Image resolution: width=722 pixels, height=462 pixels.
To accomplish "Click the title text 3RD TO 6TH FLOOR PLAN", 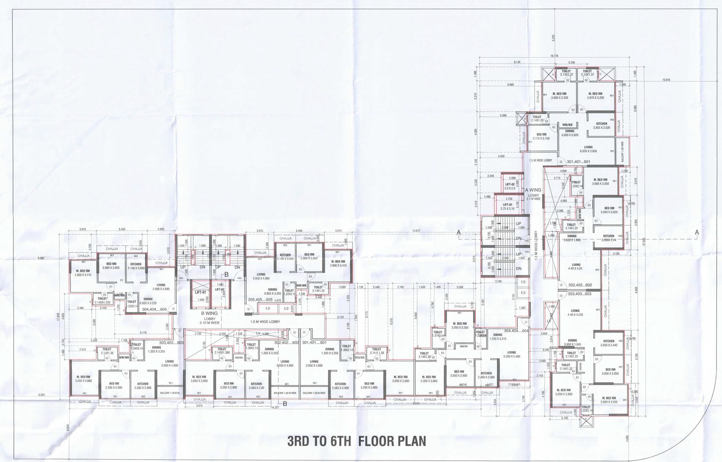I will click(356, 441).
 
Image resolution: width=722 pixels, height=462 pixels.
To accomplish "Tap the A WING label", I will click(533, 190).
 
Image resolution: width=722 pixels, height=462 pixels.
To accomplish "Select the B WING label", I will click(209, 313).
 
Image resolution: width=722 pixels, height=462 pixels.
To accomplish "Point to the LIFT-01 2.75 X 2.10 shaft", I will click(507, 207).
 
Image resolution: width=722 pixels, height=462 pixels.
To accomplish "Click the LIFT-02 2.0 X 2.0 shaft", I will click(510, 186).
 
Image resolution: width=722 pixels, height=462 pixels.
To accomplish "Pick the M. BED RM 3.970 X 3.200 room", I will click(595, 95).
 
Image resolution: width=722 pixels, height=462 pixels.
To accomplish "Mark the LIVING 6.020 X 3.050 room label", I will click(588, 149).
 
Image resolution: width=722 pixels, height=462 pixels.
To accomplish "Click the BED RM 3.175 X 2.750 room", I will click(541, 136).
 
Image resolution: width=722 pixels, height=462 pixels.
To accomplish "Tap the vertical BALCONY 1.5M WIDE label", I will click(622, 152).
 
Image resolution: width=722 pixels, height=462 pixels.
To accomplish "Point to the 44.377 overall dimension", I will click(275, 407).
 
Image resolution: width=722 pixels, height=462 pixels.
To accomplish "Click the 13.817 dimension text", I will click(416, 231).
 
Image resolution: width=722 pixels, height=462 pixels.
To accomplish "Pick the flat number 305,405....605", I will click(260, 300).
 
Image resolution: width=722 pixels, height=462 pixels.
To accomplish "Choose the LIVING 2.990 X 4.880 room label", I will click(161, 287).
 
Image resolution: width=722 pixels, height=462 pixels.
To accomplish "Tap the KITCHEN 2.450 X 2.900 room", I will click(486, 375).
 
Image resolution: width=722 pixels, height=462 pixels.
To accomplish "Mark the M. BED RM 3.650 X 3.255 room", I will click(609, 400).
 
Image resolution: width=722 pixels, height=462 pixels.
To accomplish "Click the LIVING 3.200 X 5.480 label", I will click(511, 355).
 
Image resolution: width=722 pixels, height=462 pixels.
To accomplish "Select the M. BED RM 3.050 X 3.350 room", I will click(459, 326).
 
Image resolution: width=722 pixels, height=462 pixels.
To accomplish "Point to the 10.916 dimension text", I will click(666, 80).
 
